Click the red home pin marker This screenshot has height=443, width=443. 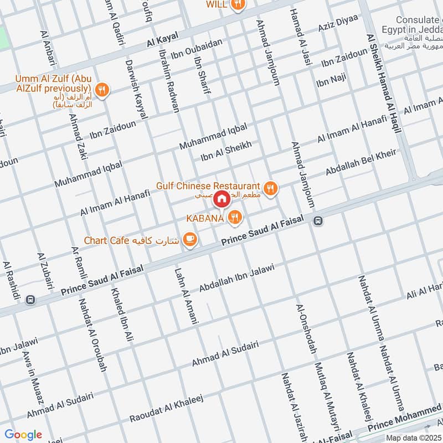221,198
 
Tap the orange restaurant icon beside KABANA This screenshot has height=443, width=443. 235,218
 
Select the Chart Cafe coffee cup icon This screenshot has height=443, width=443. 190,239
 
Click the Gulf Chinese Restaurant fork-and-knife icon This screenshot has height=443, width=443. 270,188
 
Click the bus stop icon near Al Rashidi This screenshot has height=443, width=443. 30,300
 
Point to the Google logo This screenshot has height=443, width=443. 23,435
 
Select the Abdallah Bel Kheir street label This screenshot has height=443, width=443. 360,163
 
